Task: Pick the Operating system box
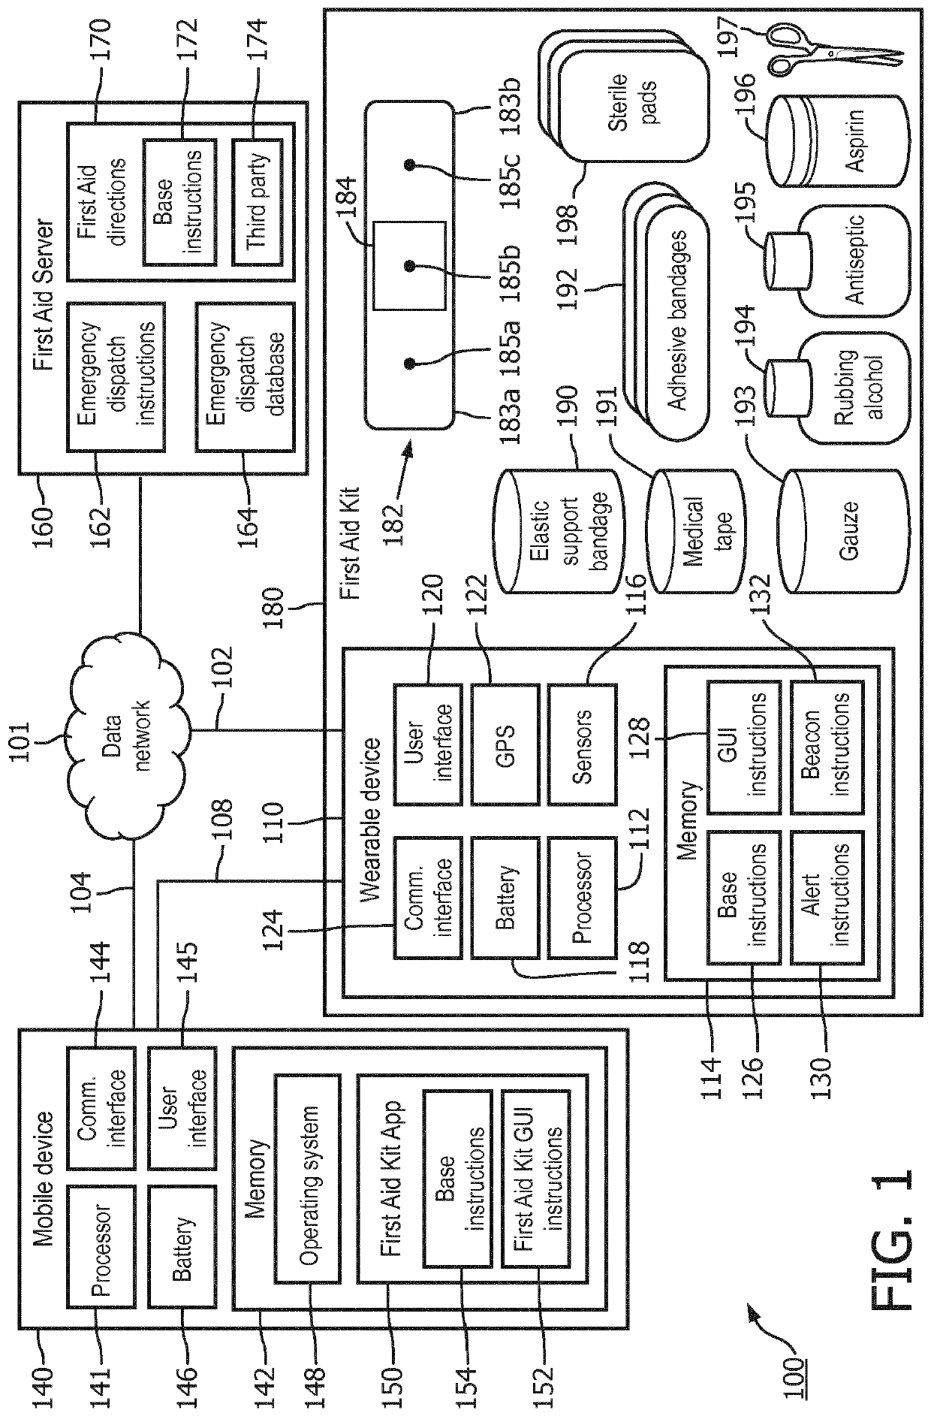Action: [x=307, y=1178]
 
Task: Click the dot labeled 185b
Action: [x=410, y=265]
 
